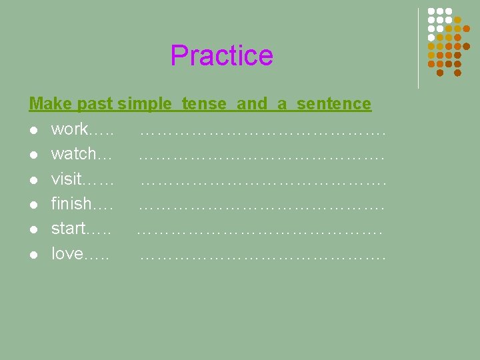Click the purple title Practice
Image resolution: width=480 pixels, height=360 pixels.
click(x=221, y=55)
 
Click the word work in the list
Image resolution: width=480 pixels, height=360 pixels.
click(x=69, y=129)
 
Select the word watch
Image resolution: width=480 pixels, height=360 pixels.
click(x=73, y=154)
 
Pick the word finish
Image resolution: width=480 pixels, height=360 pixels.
click(x=71, y=203)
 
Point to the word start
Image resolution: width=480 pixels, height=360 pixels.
click(x=68, y=229)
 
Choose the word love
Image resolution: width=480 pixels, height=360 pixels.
click(x=67, y=254)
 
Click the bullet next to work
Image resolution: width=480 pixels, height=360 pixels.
click(x=33, y=129)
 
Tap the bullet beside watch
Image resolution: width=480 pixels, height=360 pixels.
click(x=33, y=155)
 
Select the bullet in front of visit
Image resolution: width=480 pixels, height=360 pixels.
click(x=33, y=179)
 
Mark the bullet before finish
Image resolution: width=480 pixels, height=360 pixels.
click(x=33, y=205)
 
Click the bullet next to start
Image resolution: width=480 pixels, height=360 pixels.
click(x=33, y=229)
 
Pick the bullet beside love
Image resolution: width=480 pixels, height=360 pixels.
click(x=33, y=255)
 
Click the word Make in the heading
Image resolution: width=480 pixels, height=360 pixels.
click(x=51, y=104)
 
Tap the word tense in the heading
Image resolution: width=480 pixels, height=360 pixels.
click(x=203, y=104)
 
